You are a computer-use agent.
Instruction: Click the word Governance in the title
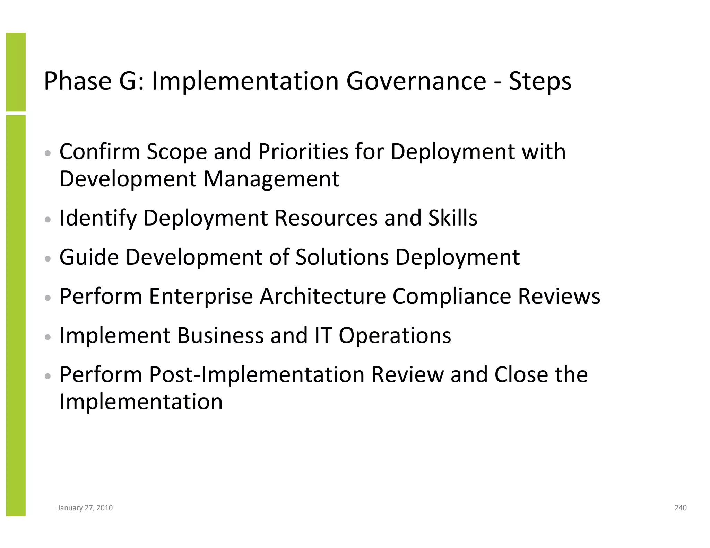416,81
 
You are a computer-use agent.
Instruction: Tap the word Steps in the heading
540,81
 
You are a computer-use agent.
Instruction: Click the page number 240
681,508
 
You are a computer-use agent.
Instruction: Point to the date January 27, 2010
85,508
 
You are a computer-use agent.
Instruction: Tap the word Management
271,179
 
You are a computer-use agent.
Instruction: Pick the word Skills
453,218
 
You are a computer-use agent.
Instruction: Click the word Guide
89,257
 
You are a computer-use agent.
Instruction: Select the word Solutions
342,257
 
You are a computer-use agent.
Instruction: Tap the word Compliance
452,297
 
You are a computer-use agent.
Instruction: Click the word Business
220,336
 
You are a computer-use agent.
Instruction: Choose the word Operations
395,336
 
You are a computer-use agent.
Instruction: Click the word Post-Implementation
257,375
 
